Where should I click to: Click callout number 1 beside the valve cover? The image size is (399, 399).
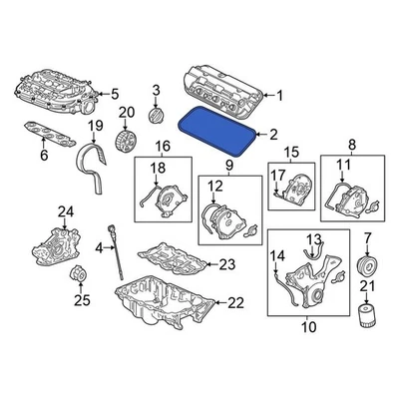279,96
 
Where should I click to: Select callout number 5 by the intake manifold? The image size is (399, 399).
114,93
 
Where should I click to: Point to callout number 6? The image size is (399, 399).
43,156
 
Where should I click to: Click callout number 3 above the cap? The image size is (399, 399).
156,93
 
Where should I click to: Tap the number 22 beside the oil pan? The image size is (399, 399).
234,302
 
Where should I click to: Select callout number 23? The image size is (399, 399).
226,263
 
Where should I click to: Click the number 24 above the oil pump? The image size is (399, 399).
66,210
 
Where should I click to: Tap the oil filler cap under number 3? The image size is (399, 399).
155,117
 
